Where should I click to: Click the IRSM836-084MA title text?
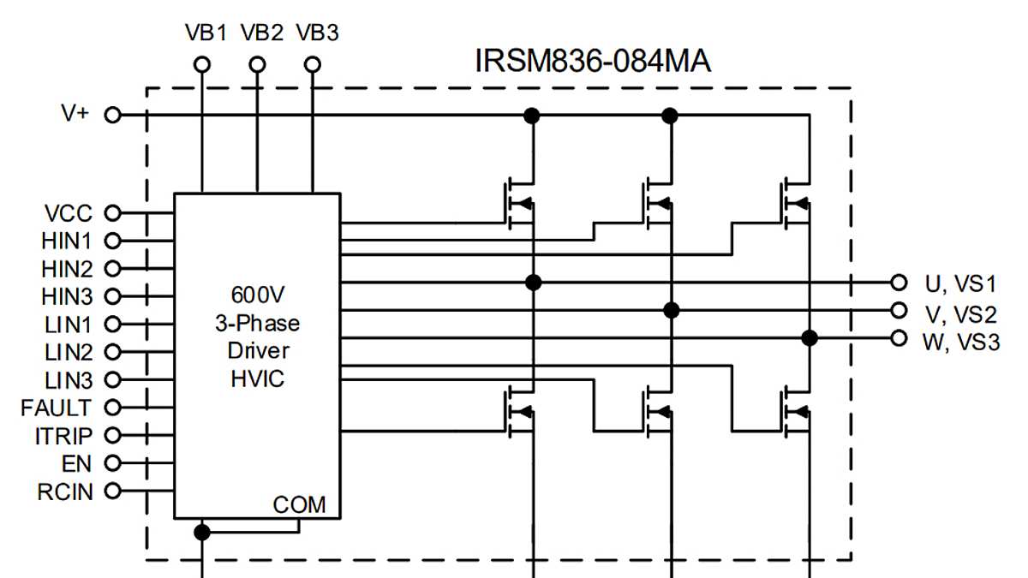pyautogui.click(x=593, y=62)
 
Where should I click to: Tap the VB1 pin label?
pyautogui.click(x=206, y=33)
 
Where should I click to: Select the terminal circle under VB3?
pyautogui.click(x=314, y=64)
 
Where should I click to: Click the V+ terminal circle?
pyautogui.click(x=112, y=115)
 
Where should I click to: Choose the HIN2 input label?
pyautogui.click(x=67, y=269)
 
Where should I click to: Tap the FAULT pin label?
pyautogui.click(x=57, y=408)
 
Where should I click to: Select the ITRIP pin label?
pyautogui.click(x=63, y=436)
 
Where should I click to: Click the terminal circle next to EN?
pyautogui.click(x=112, y=463)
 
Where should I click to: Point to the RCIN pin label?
pyautogui.click(x=66, y=492)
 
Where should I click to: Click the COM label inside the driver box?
pyautogui.click(x=299, y=505)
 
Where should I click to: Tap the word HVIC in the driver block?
pyautogui.click(x=258, y=378)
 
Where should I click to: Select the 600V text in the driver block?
pyautogui.click(x=258, y=295)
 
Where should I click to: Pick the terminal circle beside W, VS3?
pyautogui.click(x=899, y=337)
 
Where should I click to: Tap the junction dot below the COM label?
pyautogui.click(x=202, y=532)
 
